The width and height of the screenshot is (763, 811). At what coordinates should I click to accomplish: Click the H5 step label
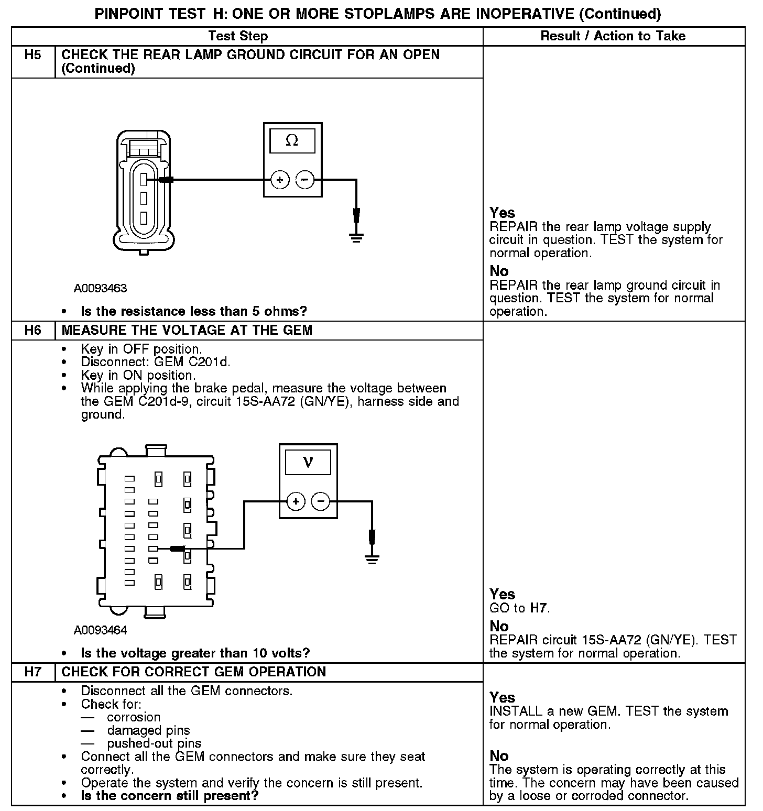point(32,55)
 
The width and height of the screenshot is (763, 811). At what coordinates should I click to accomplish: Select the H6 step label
point(32,330)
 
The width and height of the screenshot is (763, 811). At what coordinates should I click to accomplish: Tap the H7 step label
point(32,672)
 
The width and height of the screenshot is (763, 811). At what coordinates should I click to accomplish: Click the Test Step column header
point(238,36)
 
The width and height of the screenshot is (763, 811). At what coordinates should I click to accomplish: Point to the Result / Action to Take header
point(613,36)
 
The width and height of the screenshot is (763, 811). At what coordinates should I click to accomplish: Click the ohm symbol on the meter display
point(292,141)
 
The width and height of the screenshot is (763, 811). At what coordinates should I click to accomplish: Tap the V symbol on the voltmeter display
point(308,462)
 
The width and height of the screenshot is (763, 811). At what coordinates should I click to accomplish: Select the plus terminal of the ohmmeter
point(280,180)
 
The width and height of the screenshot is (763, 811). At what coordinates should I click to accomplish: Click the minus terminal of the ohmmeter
point(305,180)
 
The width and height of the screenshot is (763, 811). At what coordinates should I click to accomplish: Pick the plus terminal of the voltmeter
point(296,501)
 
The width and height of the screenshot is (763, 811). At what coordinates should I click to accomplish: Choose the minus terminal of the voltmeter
point(321,501)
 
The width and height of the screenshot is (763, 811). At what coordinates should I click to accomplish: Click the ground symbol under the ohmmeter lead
point(356,238)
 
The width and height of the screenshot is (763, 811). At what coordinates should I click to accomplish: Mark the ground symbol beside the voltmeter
point(372,559)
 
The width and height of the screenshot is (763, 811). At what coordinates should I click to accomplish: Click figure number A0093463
point(100,288)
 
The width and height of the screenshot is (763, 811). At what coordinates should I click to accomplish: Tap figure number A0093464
point(100,630)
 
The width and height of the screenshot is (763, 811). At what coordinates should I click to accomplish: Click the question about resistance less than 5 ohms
point(194,311)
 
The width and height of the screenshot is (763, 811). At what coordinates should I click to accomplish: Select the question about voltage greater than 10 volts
point(195,653)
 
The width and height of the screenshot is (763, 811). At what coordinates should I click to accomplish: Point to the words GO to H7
point(519,608)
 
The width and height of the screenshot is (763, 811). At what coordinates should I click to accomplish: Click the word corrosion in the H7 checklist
point(134,717)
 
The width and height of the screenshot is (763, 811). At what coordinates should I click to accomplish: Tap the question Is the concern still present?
point(170,796)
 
